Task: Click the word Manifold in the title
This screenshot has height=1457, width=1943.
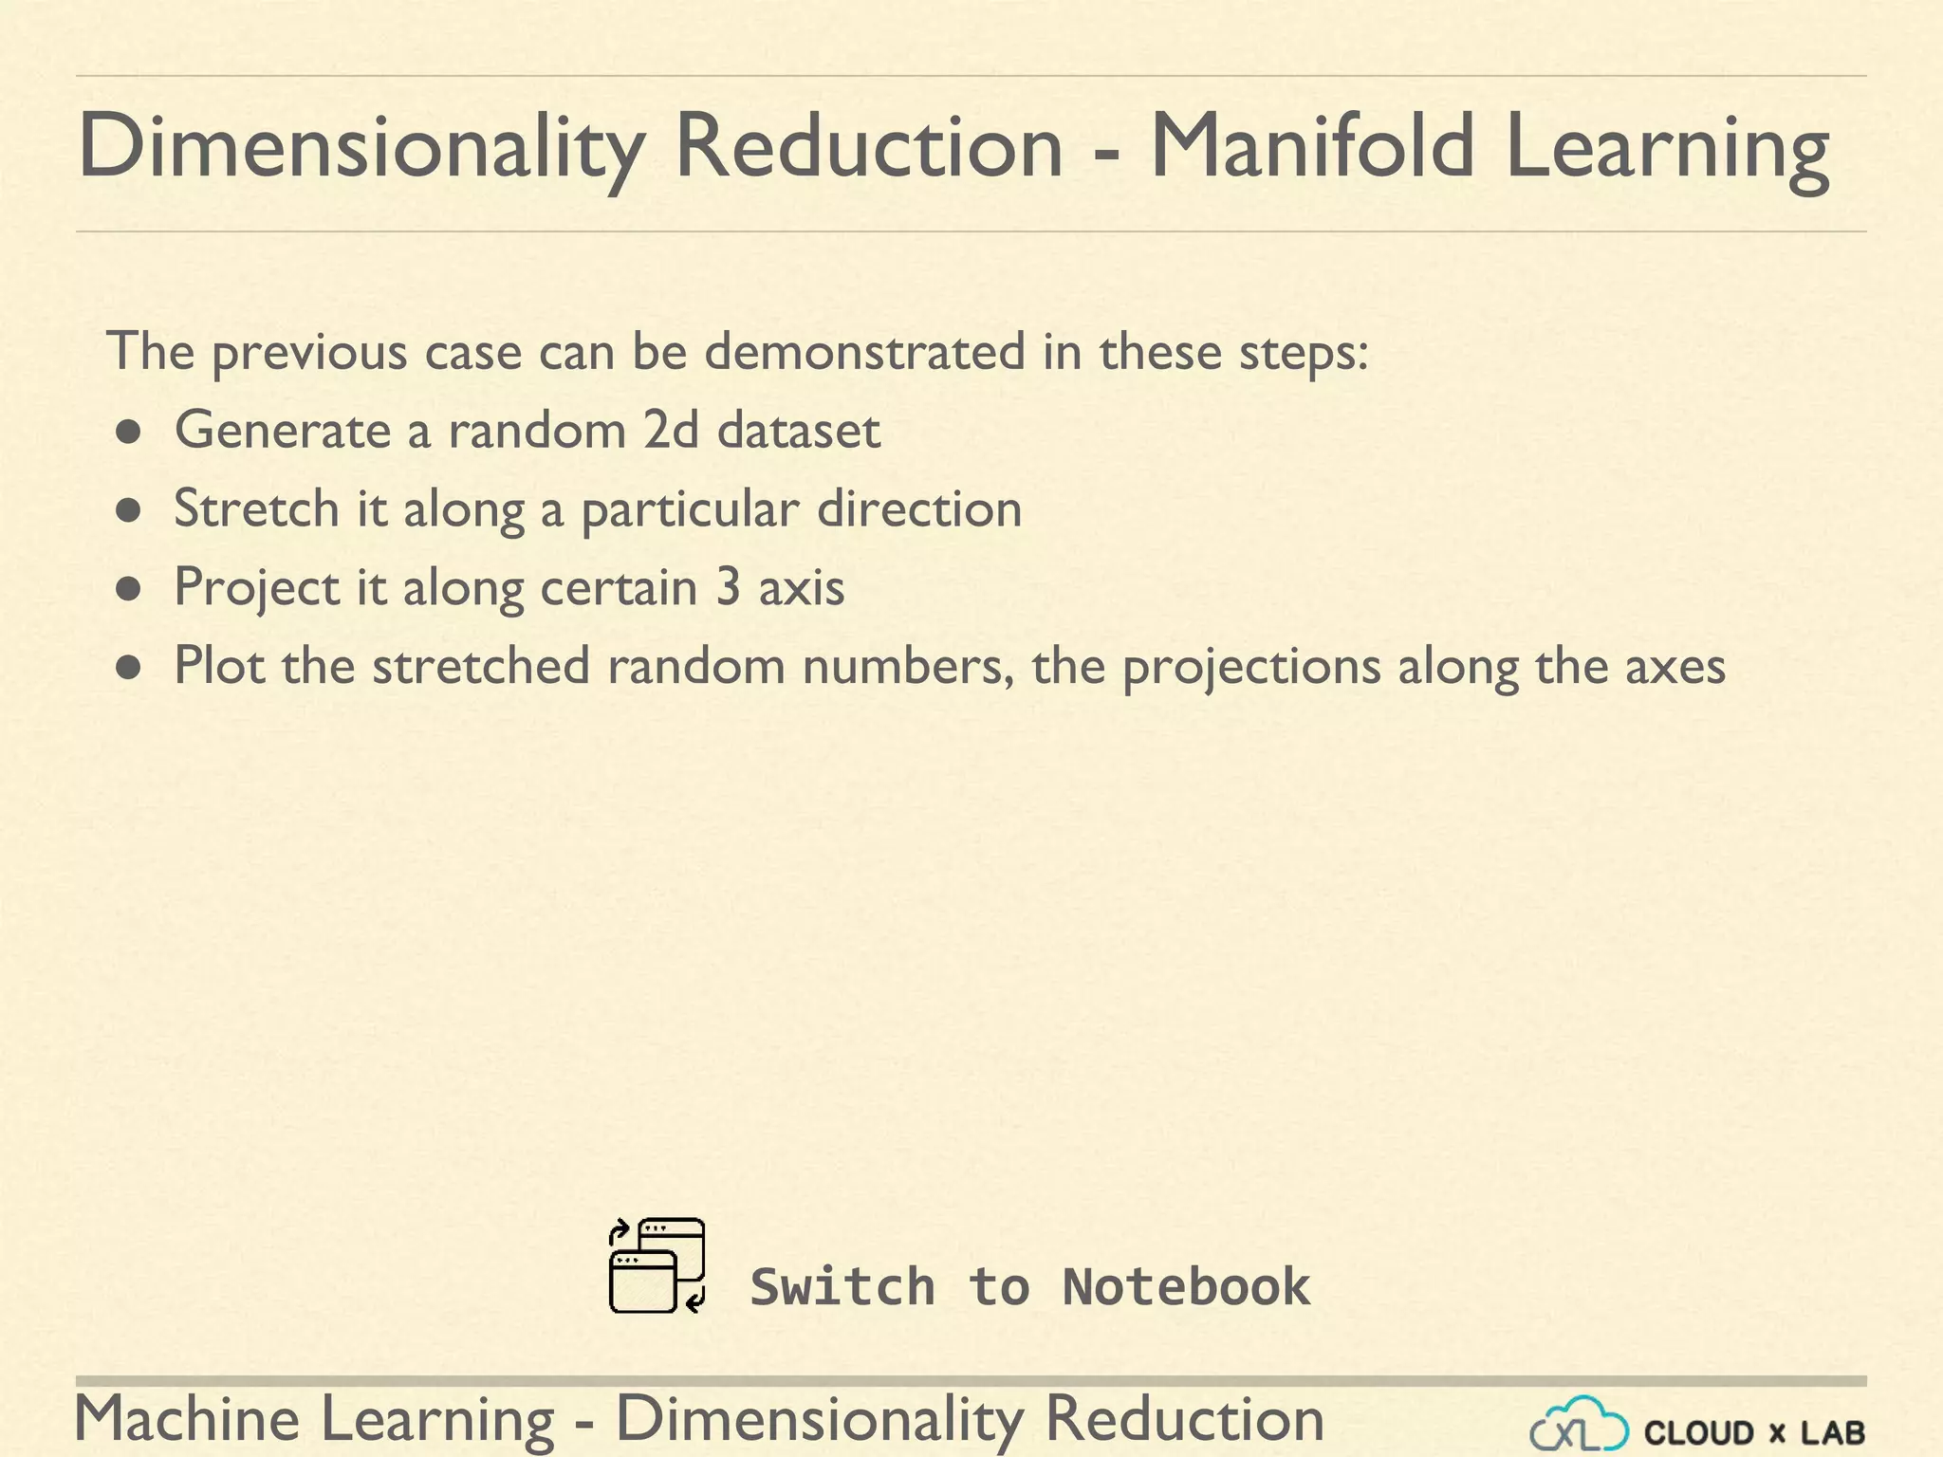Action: pos(1313,147)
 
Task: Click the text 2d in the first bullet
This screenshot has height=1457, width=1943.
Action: pos(671,430)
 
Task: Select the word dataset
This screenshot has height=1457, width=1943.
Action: pos(799,430)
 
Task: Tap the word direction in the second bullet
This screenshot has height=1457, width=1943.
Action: pos(919,509)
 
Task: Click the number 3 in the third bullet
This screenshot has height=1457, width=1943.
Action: pos(728,587)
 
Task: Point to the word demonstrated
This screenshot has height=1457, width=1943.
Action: pos(864,352)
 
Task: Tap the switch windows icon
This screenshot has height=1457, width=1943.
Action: pos(657,1266)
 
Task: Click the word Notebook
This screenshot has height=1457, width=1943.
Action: pos(1186,1287)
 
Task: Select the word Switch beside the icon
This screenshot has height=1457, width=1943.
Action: pos(842,1287)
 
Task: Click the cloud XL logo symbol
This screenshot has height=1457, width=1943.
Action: pos(1579,1425)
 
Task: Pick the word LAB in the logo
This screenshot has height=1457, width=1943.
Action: pos(1832,1432)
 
